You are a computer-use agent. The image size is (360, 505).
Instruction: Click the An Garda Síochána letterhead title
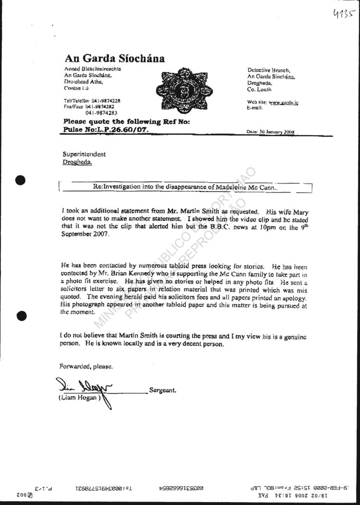[x=114, y=59]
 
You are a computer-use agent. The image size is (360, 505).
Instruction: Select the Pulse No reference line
[x=106, y=130]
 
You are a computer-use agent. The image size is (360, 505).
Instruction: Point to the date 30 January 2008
[x=270, y=132]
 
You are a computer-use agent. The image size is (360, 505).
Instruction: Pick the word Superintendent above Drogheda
[x=84, y=154]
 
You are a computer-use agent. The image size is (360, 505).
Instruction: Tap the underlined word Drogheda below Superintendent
[x=76, y=162]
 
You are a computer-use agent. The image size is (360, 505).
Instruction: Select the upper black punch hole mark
[x=20, y=181]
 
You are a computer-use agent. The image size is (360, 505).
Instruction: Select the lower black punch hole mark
[x=20, y=315]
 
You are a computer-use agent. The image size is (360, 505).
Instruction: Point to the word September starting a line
[x=78, y=235]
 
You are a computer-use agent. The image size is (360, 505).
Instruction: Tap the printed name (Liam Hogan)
[x=78, y=398]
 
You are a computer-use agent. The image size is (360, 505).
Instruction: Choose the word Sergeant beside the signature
[x=163, y=390]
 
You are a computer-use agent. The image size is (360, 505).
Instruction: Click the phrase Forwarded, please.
[x=86, y=366]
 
